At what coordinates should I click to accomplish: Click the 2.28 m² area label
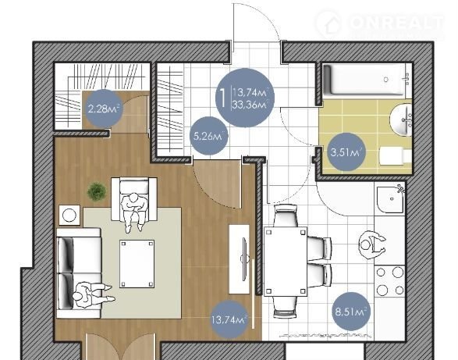pyautogui.click(x=103, y=109)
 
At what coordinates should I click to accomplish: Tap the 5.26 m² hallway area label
pyautogui.click(x=208, y=136)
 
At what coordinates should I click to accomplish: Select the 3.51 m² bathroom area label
pyautogui.click(x=346, y=151)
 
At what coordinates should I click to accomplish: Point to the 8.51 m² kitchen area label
pyautogui.click(x=350, y=311)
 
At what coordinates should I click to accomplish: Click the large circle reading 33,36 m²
pyautogui.click(x=245, y=98)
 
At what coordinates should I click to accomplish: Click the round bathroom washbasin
pyautogui.click(x=401, y=119)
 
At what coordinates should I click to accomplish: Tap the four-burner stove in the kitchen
pyautogui.click(x=389, y=281)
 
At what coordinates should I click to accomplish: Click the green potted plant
pyautogui.click(x=97, y=191)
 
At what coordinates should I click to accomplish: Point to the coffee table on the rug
pyautogui.click(x=137, y=264)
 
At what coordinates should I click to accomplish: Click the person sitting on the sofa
pyautogui.click(x=93, y=295)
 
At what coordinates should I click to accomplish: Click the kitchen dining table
pyautogui.click(x=286, y=262)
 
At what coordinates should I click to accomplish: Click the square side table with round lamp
pyautogui.click(x=69, y=215)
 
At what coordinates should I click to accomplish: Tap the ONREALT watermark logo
pyautogui.click(x=380, y=23)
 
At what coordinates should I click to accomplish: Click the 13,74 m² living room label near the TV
pyautogui.click(x=229, y=319)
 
